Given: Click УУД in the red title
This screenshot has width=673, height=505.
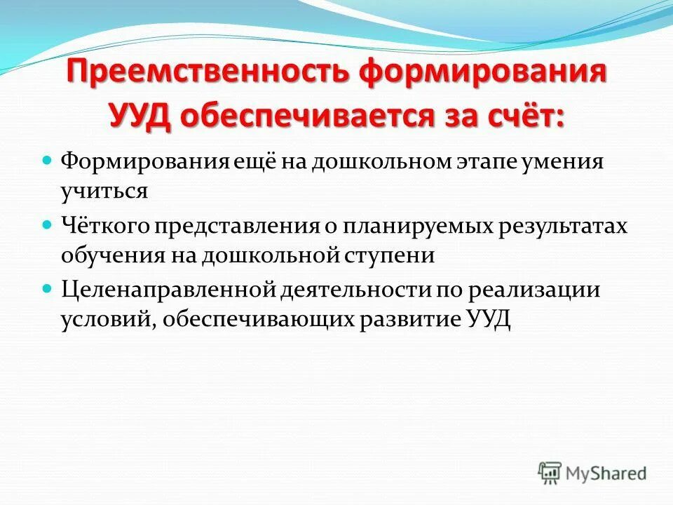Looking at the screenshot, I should click(145, 115).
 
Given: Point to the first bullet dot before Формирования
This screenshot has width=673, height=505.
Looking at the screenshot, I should click(48, 161).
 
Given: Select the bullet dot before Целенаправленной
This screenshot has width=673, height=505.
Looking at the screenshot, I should click(48, 288).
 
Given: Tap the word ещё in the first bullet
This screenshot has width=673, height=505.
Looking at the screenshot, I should click(257, 162).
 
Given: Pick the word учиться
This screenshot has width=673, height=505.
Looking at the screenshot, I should click(104, 191).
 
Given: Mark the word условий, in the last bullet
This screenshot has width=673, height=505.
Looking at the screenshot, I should click(101, 319).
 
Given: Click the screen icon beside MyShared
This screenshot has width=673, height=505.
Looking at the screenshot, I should click(550, 471).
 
